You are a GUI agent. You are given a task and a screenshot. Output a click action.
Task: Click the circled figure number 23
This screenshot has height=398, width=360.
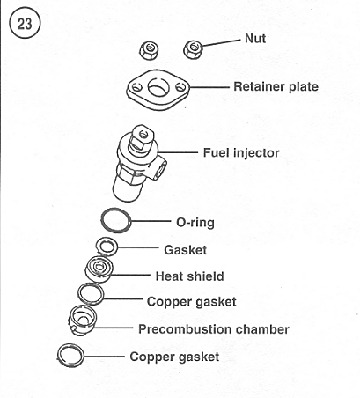point(25,24)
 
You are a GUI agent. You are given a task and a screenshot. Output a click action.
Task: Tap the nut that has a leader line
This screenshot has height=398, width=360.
point(194,49)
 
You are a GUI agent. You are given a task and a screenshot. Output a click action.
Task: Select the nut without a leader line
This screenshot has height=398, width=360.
point(150,50)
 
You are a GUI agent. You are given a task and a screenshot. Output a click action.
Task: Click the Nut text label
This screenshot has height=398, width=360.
point(255,39)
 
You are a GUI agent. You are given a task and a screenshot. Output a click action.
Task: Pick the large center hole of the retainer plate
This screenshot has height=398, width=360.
point(158,87)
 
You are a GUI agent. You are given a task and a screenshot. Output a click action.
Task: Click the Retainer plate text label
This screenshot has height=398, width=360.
point(276,86)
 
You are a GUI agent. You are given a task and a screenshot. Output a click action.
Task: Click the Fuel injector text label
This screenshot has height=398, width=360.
point(241,152)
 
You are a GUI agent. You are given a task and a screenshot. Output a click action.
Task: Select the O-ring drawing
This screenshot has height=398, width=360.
point(101,221)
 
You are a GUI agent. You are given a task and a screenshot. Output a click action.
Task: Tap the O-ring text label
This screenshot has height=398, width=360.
point(195,223)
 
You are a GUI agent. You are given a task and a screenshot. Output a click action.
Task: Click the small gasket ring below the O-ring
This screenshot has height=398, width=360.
point(98,247)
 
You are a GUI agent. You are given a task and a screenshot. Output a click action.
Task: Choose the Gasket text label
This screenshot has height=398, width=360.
point(185,250)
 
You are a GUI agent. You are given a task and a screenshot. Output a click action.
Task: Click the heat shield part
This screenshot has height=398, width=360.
point(99,269)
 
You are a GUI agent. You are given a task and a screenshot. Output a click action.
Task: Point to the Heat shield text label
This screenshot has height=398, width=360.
point(189,276)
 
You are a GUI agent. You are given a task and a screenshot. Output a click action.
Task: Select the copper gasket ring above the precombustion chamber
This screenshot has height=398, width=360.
point(79,293)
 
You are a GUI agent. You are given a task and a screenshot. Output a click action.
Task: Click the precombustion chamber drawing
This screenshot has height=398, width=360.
point(82,320)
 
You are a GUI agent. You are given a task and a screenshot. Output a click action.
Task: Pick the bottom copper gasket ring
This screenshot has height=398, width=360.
point(59,356)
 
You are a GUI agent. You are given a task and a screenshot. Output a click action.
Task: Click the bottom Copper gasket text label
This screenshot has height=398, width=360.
point(174,357)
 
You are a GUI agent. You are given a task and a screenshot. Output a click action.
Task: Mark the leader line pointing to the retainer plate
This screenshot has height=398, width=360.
point(209,87)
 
